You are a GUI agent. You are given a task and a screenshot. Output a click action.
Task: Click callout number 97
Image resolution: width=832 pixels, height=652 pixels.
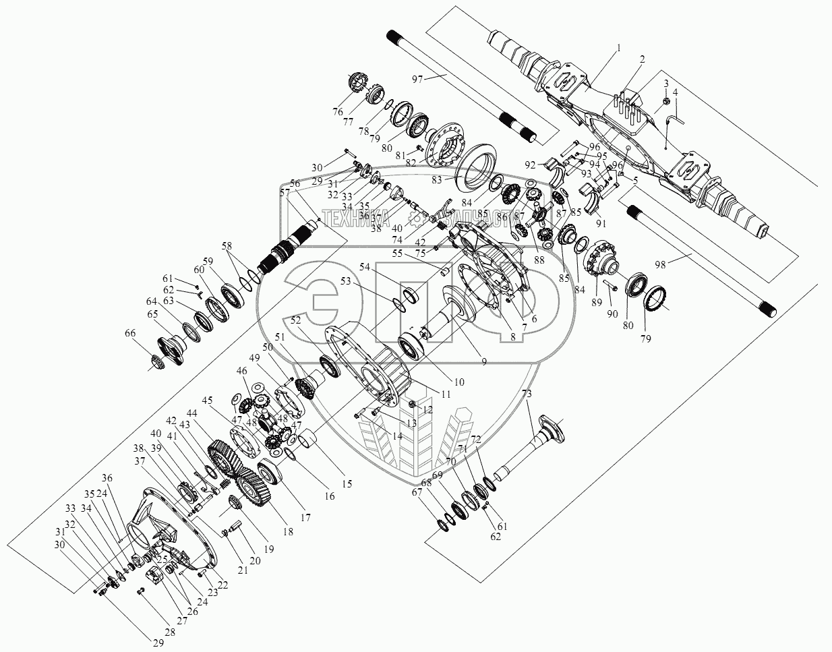click(x=417, y=79)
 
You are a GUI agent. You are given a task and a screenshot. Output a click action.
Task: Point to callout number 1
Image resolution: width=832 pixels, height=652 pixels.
click(x=618, y=49)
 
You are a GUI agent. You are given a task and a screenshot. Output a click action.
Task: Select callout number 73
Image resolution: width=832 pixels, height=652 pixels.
click(x=527, y=394)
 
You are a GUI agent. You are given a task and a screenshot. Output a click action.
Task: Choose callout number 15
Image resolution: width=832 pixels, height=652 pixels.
click(x=347, y=483)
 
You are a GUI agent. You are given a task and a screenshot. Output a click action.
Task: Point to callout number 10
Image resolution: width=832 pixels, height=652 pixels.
click(x=458, y=382)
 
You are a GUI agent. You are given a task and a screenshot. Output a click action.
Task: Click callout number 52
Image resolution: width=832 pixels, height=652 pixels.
click(x=295, y=320)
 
